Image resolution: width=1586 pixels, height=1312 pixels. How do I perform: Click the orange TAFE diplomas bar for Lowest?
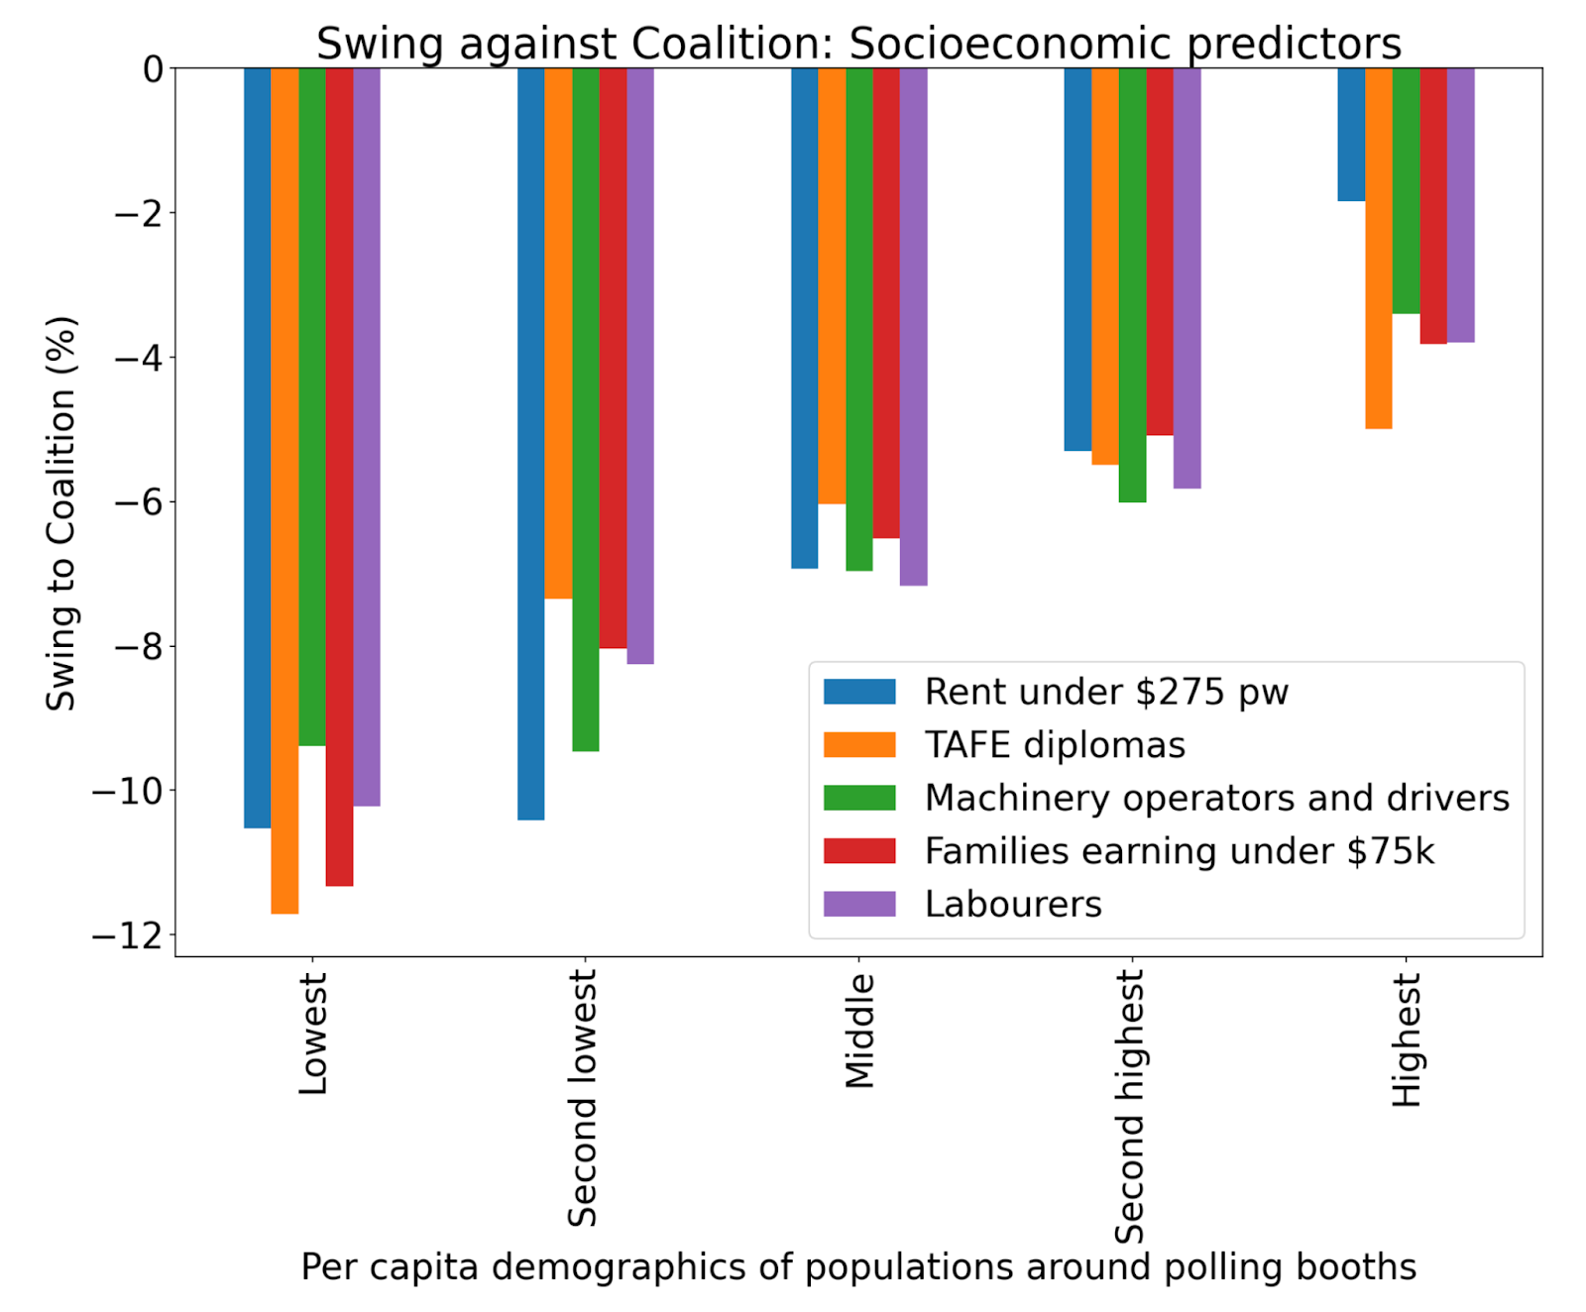(x=284, y=491)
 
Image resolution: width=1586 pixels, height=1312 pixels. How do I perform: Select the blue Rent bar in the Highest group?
(x=1351, y=135)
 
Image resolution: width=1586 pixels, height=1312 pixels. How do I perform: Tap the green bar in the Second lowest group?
(x=586, y=409)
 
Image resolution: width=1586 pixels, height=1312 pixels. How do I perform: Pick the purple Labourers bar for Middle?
(x=914, y=327)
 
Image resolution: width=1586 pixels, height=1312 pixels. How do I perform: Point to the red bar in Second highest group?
(x=1160, y=252)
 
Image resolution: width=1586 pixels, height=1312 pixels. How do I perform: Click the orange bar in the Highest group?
(x=1379, y=249)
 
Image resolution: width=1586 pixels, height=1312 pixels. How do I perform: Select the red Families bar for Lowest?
(x=339, y=477)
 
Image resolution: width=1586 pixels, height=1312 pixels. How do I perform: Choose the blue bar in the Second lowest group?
(x=531, y=444)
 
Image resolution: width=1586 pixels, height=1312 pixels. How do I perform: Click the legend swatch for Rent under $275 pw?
(x=859, y=692)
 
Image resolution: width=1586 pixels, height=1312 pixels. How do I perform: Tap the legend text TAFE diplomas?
(x=1055, y=745)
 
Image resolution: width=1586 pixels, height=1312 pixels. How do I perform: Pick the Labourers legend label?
(x=1013, y=905)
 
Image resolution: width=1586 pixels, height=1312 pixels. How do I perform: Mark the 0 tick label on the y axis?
(x=154, y=69)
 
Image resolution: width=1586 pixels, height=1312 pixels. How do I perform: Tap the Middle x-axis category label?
(x=859, y=1031)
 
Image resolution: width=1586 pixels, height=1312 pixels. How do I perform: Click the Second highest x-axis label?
(x=1130, y=1107)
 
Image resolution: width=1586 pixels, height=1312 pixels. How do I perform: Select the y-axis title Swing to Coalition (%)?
(x=61, y=513)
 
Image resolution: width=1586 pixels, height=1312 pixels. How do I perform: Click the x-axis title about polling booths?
(x=858, y=1267)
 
